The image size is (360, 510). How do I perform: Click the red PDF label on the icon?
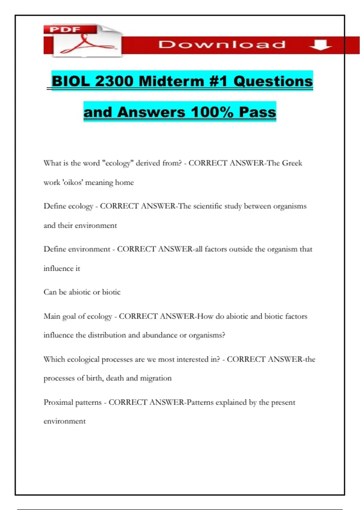65,30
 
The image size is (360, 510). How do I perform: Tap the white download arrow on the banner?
320,45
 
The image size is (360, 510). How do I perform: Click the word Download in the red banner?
222,45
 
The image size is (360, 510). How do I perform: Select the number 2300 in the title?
114,81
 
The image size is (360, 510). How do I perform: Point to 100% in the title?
212,112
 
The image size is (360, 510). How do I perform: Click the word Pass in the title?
257,112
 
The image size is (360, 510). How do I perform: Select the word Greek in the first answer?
292,163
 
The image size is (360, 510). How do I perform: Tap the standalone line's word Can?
50,292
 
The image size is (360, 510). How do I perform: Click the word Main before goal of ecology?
52,316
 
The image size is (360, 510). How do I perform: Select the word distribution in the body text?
107,335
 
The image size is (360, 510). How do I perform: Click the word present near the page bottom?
283,402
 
